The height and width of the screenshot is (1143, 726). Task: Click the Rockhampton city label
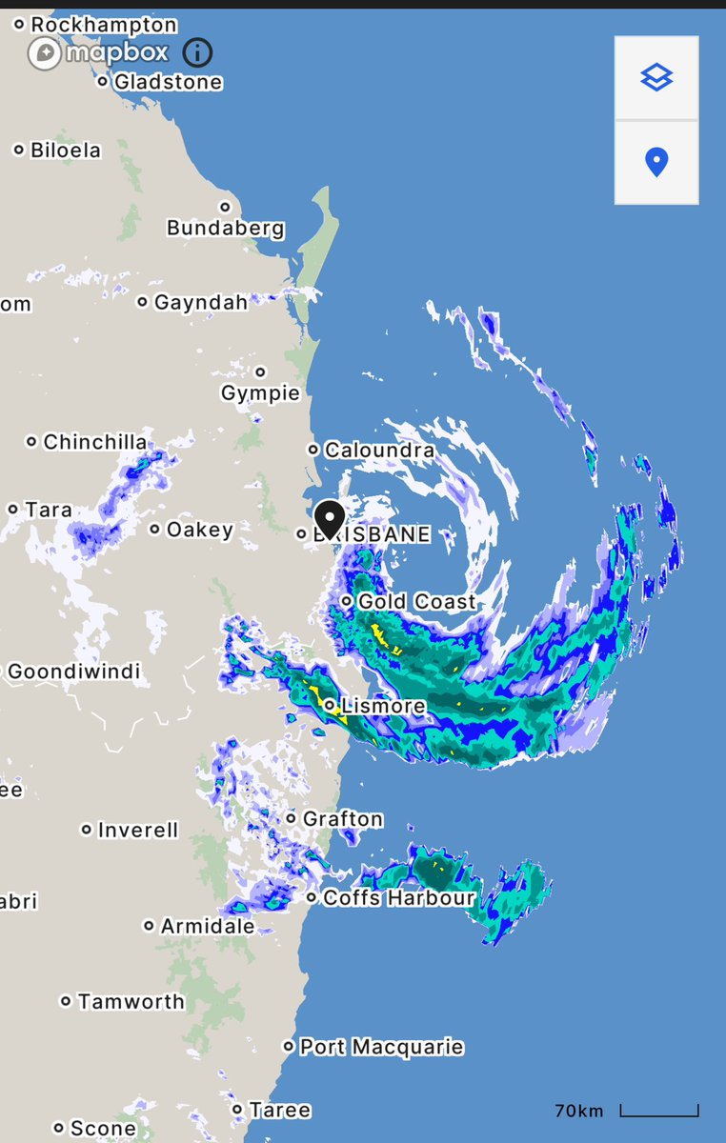pyautogui.click(x=103, y=25)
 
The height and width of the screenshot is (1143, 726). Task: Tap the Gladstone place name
pyautogui.click(x=168, y=82)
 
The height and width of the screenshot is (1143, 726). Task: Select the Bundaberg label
pyautogui.click(x=225, y=229)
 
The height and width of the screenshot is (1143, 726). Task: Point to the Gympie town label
pyautogui.click(x=260, y=393)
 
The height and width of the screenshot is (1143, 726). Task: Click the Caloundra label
pyautogui.click(x=379, y=450)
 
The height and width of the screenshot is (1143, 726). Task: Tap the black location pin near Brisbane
pyautogui.click(x=330, y=519)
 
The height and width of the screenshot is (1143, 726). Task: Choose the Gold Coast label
pyautogui.click(x=415, y=602)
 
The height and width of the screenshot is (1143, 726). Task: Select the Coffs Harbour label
pyautogui.click(x=398, y=898)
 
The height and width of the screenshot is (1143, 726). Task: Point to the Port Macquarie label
pyautogui.click(x=381, y=1047)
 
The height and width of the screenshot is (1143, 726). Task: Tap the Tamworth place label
pyautogui.click(x=131, y=1001)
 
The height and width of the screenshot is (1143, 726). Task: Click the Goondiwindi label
pyautogui.click(x=73, y=672)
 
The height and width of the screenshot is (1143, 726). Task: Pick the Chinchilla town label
pyautogui.click(x=95, y=442)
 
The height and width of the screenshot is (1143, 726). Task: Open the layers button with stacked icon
pyautogui.click(x=656, y=78)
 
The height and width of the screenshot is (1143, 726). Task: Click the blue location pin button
pyautogui.click(x=656, y=162)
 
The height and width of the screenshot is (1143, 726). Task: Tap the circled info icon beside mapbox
pyautogui.click(x=197, y=53)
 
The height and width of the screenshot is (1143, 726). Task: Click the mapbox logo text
pyautogui.click(x=116, y=52)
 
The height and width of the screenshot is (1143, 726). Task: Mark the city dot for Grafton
pyautogui.click(x=292, y=818)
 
